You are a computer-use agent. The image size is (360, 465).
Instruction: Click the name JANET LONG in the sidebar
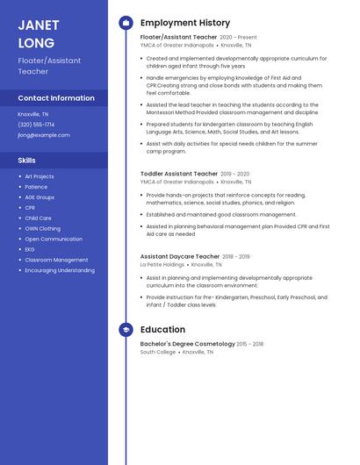37,34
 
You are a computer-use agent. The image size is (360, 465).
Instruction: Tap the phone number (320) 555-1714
36,125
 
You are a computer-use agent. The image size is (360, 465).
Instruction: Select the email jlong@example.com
43,135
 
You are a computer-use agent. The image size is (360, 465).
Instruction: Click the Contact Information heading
56,98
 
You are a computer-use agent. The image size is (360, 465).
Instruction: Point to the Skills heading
27,161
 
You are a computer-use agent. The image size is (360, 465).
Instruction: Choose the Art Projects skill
40,176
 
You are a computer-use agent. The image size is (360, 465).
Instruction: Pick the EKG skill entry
31,249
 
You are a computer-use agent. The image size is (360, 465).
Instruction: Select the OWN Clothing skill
43,228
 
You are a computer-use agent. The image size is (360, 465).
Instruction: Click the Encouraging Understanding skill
60,270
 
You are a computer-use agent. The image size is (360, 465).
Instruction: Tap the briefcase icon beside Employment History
126,23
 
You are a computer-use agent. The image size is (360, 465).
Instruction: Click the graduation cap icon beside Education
126,330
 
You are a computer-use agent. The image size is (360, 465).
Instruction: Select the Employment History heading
185,23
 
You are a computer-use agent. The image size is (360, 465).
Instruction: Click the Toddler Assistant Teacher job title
179,174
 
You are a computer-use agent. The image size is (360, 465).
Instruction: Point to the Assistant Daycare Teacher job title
180,256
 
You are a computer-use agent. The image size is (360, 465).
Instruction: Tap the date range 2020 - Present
238,38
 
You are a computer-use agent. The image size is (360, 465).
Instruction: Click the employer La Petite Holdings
162,264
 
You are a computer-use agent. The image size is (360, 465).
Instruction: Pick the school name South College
158,352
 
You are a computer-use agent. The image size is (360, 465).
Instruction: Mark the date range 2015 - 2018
250,344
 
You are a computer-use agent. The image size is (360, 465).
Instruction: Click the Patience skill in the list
36,187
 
